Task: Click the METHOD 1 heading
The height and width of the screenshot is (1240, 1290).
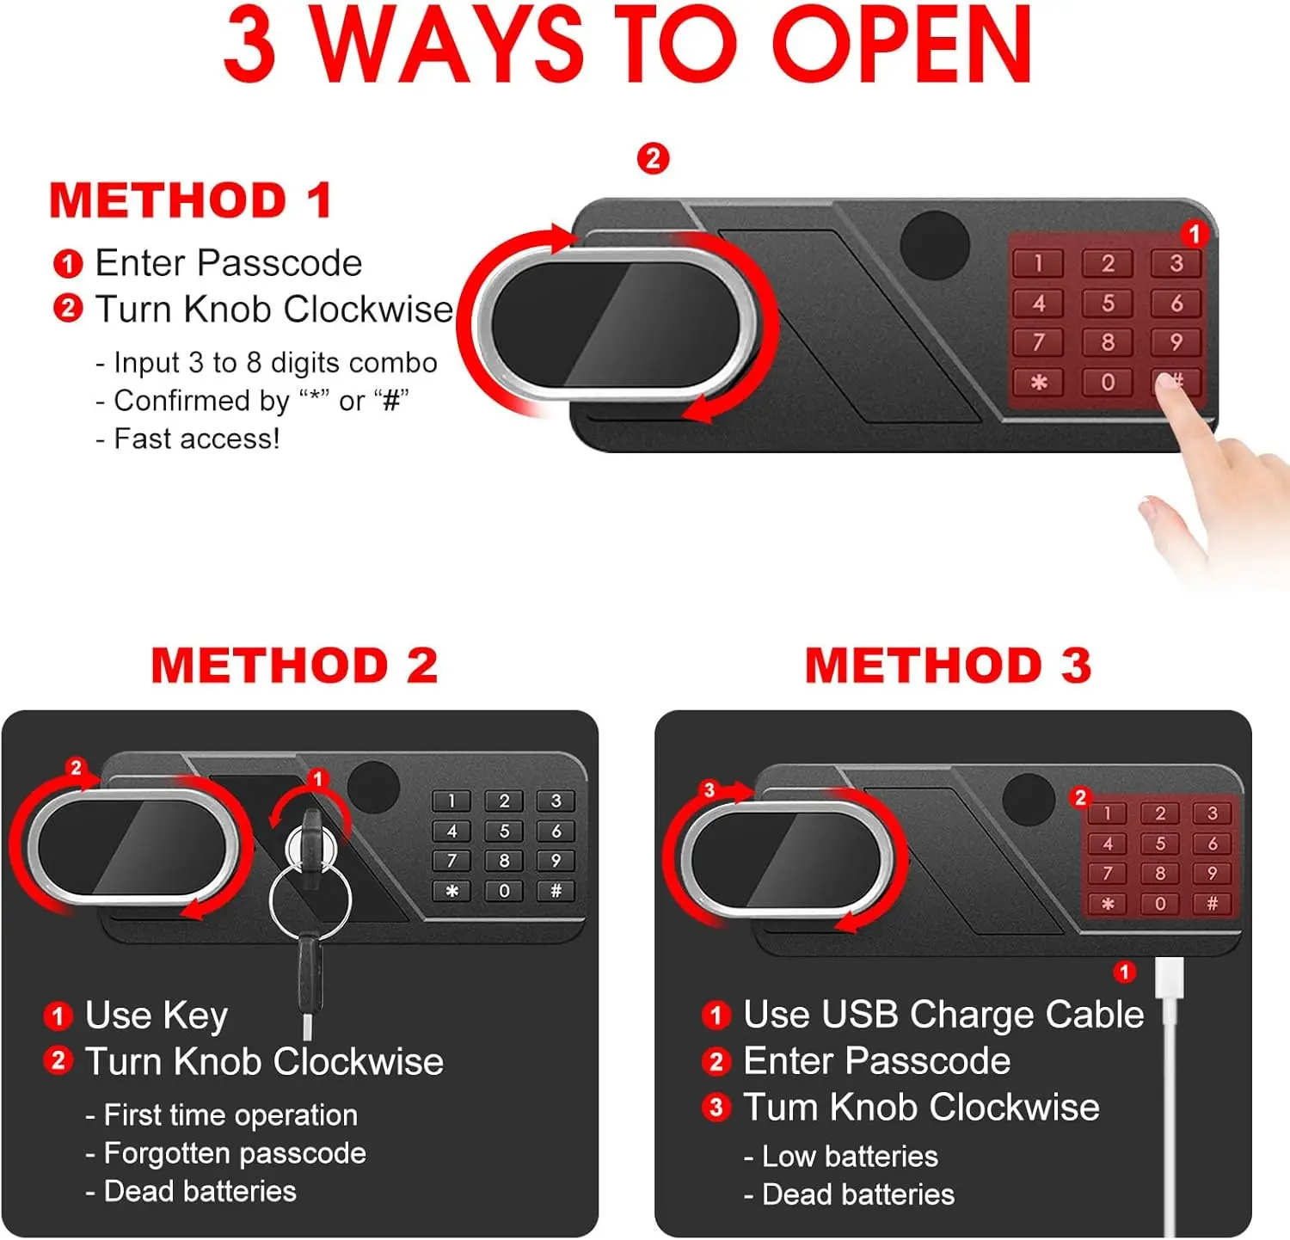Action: [x=190, y=201]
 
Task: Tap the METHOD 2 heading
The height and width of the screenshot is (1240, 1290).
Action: [x=294, y=666]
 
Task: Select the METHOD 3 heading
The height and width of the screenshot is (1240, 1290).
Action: [x=948, y=666]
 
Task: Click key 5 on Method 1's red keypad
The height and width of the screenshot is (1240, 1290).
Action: [x=1108, y=304]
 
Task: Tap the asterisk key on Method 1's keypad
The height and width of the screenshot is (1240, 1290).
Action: [x=1039, y=382]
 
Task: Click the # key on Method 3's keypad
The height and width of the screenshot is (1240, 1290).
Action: [x=1212, y=904]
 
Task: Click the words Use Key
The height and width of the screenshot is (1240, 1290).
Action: [x=156, y=1016]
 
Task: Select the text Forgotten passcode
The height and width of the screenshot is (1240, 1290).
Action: [x=234, y=1153]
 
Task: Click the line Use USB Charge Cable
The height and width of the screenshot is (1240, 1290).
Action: [x=943, y=1015]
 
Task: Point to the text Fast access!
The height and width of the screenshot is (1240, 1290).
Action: [x=196, y=439]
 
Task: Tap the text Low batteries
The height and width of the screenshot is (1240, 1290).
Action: [x=849, y=1157]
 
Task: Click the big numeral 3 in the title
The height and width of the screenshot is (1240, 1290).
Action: [x=249, y=45]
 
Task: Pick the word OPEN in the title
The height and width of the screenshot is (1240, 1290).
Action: [x=901, y=45]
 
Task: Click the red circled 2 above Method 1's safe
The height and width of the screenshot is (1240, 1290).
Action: [x=653, y=158]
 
